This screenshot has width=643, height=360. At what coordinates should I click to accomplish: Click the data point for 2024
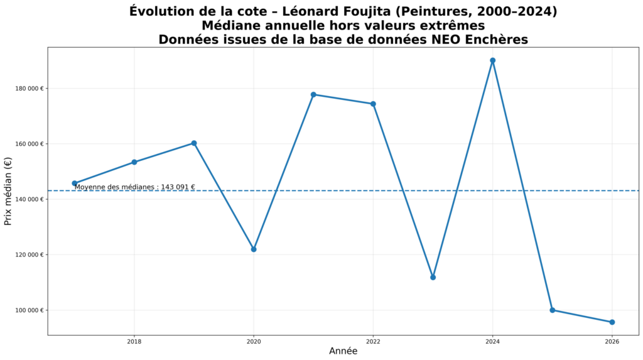pos(492,60)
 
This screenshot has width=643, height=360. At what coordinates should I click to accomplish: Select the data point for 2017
pos(74,183)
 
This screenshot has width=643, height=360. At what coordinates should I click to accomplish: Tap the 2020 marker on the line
pos(254,249)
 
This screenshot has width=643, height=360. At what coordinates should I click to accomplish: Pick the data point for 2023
pos(433,277)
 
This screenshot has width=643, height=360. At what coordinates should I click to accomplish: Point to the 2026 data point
pos(612,322)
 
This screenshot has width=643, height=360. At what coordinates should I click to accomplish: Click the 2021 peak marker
pos(313,94)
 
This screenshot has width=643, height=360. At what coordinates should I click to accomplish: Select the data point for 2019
pos(194,143)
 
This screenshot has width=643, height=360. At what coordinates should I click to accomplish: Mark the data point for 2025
pos(553,310)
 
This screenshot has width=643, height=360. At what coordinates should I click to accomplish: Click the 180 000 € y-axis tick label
pos(28,89)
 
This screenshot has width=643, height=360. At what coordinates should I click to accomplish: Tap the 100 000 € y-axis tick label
pos(28,310)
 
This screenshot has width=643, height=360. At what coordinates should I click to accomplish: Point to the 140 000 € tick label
pos(28,199)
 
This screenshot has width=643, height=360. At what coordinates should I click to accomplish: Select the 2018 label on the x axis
pos(134,342)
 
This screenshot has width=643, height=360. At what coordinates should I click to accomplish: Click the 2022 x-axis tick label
pos(373,342)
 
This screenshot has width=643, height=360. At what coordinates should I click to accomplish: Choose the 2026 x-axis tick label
pos(612,342)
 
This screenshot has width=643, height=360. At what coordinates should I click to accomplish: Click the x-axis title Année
pos(343,351)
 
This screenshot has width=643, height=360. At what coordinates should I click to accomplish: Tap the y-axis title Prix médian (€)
pos(8,191)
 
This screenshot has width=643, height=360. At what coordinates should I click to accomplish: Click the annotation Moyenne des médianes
pos(134,187)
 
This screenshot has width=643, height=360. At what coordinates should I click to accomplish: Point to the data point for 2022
pos(373,104)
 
